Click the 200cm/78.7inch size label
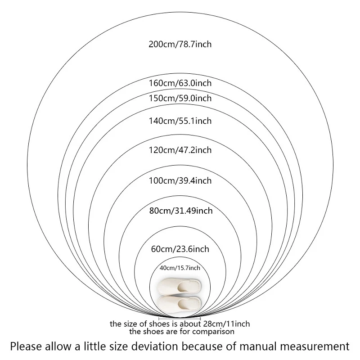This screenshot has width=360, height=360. [180, 44]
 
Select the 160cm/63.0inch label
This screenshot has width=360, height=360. [180, 83]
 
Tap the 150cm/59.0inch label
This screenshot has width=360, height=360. [180, 98]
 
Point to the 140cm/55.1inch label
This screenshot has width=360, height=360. [180, 121]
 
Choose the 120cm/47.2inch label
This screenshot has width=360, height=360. [180, 150]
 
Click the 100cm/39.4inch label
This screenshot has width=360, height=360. [180, 181]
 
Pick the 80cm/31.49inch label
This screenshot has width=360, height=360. [180, 210]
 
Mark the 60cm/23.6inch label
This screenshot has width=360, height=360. [180, 248]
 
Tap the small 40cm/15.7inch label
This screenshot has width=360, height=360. [180, 268]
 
